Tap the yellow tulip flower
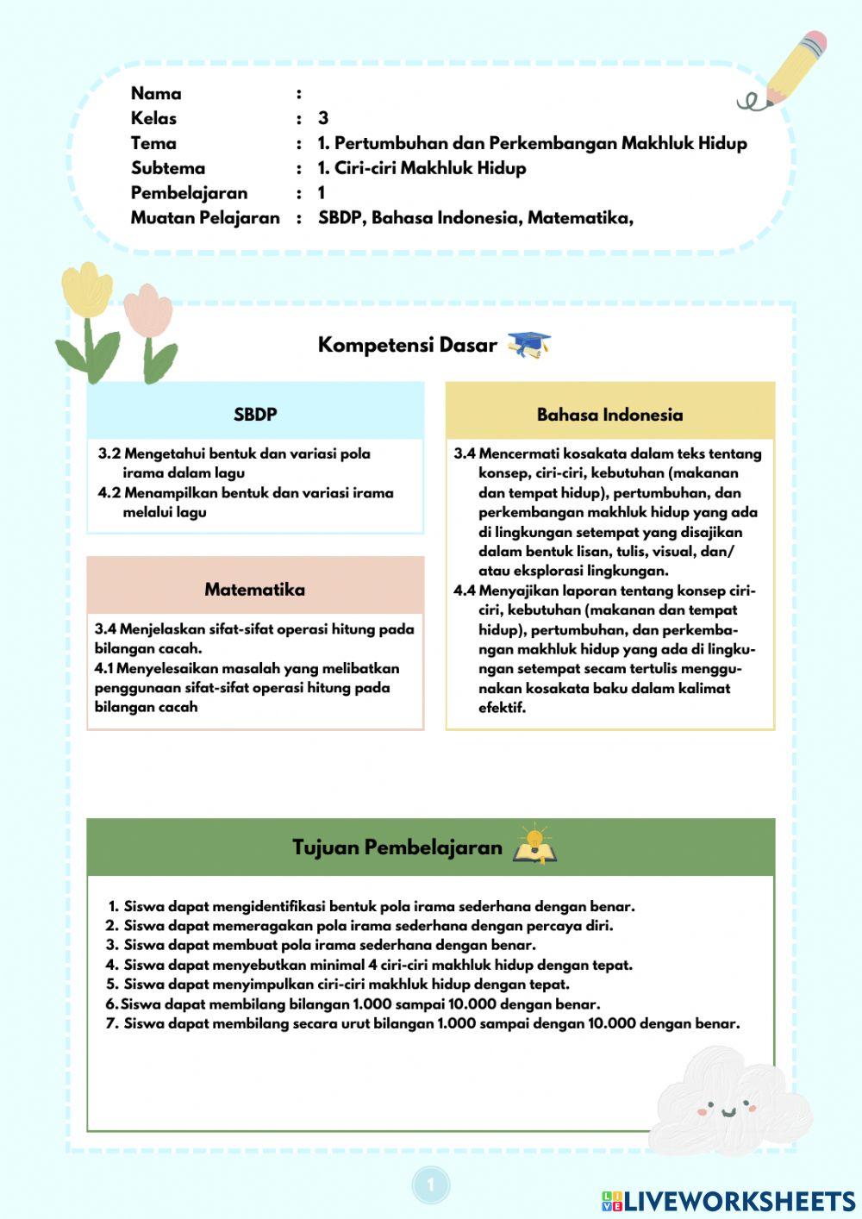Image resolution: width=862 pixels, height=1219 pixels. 86,289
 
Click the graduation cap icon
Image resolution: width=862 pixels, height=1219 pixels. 528,345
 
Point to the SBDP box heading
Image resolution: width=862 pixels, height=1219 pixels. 255,415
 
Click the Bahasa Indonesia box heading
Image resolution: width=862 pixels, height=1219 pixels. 609,415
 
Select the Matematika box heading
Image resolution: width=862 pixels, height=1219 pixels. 254,590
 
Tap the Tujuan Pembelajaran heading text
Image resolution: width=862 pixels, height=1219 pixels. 397,847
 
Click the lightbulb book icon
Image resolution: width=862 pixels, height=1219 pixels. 534,845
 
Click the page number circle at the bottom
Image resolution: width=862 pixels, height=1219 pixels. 431,1185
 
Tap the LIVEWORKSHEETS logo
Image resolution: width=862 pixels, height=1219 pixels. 728,1201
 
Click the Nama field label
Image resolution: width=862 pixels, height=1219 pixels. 156,93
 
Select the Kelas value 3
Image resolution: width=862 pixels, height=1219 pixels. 323,118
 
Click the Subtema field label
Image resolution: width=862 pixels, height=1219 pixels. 168,168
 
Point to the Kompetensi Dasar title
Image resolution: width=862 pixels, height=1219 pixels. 407,345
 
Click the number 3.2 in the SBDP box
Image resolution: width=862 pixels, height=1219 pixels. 109,453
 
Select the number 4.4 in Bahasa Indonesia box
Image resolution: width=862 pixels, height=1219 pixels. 465,591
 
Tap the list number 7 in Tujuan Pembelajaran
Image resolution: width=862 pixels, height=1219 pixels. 112,1023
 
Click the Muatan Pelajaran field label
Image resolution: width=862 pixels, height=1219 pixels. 205,218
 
